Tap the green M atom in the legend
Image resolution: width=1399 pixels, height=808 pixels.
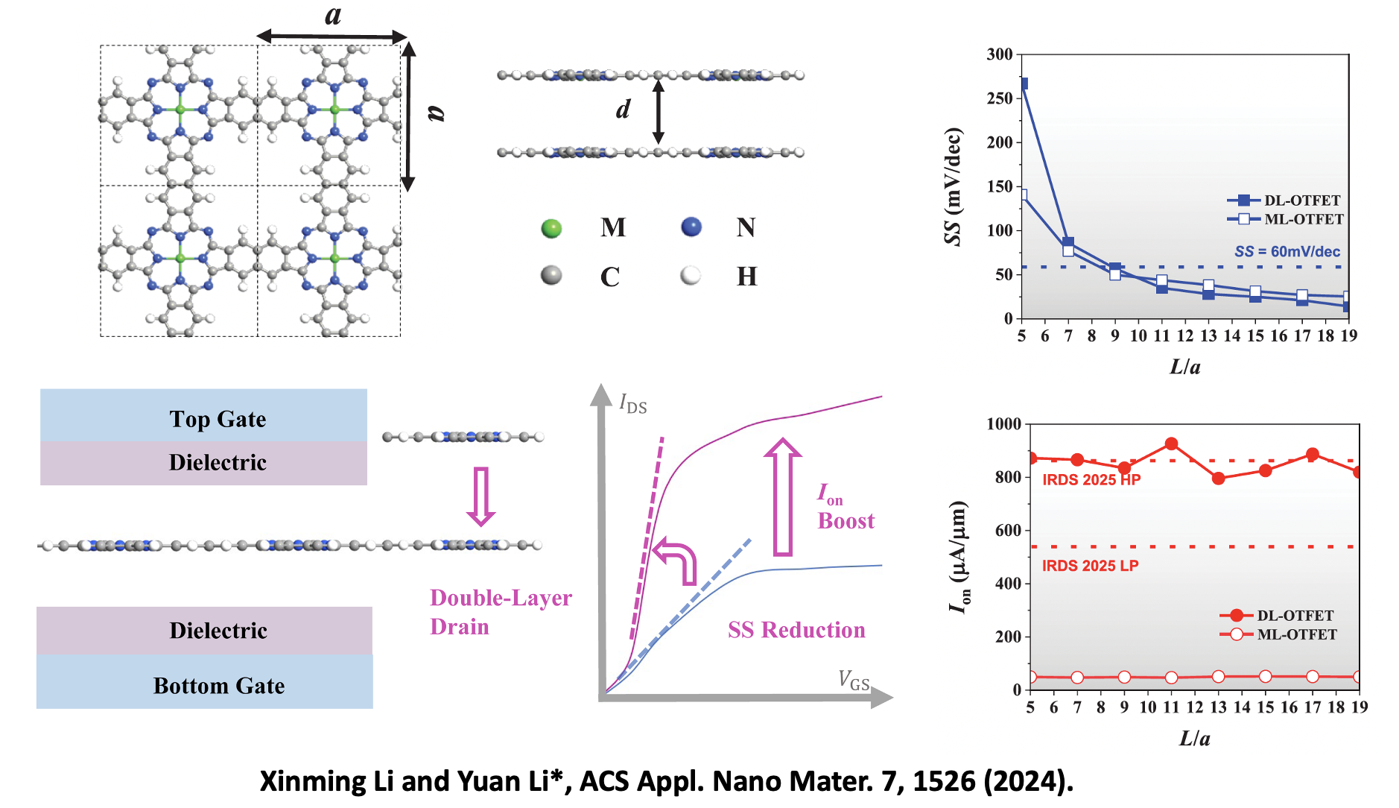[551, 228]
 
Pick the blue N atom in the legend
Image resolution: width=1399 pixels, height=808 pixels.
[691, 227]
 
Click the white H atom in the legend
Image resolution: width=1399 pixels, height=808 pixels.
[691, 276]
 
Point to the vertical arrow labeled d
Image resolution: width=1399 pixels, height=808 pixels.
[658, 112]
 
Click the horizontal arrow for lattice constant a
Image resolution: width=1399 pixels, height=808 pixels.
[331, 36]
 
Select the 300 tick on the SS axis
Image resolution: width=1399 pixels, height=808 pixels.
[1000, 54]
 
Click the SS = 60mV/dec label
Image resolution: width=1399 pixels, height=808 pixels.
[1287, 252]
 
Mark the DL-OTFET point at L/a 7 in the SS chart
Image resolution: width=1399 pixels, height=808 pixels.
[1068, 242]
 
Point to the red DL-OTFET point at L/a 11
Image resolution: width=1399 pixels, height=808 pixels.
[1171, 444]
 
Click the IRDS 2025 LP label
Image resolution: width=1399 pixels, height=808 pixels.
[1090, 566]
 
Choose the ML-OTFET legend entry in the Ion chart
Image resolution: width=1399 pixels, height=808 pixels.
[1278, 635]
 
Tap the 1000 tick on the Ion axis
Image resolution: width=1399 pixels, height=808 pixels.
[1003, 424]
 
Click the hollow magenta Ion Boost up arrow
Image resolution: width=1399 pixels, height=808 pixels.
[782, 496]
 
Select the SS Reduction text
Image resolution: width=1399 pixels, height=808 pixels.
[796, 631]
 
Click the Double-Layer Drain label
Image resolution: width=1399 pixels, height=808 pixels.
[501, 612]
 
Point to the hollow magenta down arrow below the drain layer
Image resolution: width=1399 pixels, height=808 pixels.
[481, 496]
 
